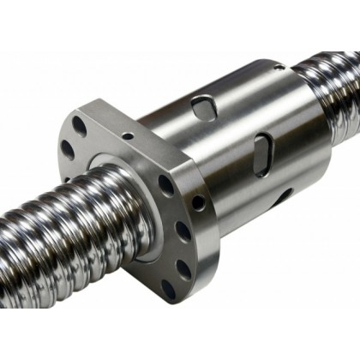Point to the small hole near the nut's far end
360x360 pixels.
coord(279,66)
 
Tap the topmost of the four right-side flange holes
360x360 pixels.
coord(166,183)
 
